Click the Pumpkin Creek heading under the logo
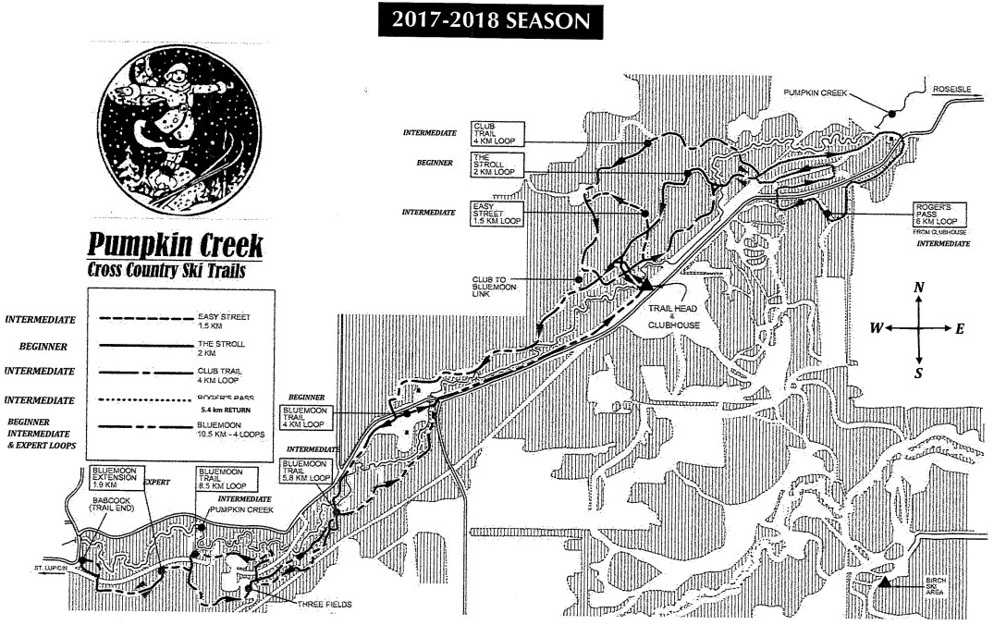pyautogui.click(x=176, y=246)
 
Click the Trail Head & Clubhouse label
pyautogui.click(x=672, y=320)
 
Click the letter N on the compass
pyautogui.click(x=918, y=288)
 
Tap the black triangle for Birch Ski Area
pyautogui.click(x=884, y=582)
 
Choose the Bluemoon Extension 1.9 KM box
pyautogui.click(x=114, y=477)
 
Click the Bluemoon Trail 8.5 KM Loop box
pyautogui.click(x=221, y=477)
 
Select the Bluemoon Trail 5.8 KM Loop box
pyautogui.click(x=304, y=470)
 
